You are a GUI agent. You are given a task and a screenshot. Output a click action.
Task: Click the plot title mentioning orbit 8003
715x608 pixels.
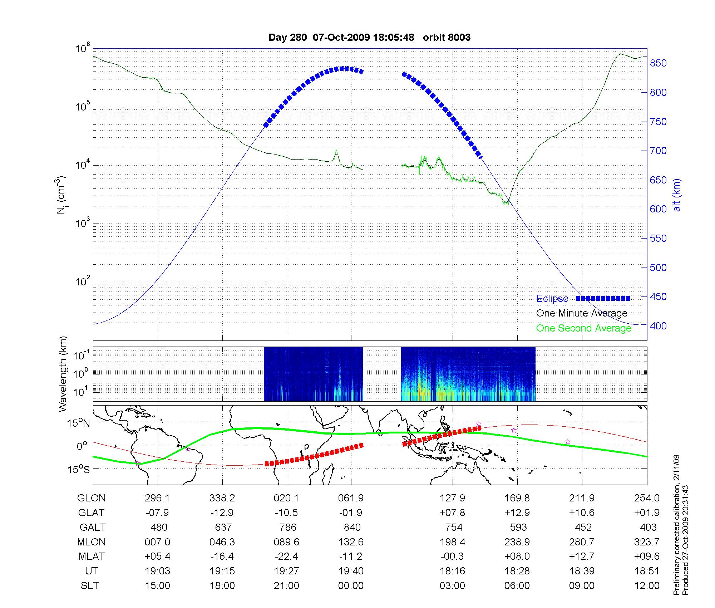click(x=369, y=37)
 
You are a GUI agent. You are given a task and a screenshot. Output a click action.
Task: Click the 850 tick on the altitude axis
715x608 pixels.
click(x=658, y=63)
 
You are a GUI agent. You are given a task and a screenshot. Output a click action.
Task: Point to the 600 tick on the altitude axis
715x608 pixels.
click(x=658, y=209)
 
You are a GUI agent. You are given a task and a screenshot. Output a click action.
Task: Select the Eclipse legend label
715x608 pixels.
click(x=552, y=299)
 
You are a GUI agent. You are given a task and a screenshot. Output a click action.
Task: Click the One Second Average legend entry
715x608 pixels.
click(x=583, y=328)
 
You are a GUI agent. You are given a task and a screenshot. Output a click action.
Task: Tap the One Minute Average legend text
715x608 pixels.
click(x=582, y=313)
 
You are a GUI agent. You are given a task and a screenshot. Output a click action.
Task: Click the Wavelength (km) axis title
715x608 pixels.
click(x=63, y=374)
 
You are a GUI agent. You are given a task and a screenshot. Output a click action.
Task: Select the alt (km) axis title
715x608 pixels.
click(x=676, y=195)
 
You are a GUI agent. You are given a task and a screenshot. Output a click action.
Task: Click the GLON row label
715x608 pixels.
click(x=92, y=498)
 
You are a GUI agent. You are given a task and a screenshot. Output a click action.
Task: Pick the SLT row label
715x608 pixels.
click(x=90, y=586)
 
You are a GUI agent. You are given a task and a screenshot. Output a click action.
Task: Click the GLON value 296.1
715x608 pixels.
click(x=157, y=498)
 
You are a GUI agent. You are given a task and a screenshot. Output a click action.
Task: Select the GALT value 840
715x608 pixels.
click(x=351, y=528)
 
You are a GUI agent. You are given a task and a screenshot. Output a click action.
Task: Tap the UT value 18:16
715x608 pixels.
click(x=452, y=571)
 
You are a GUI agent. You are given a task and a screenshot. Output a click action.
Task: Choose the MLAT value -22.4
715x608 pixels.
click(x=286, y=556)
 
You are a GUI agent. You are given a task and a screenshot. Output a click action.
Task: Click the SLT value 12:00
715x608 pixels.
click(x=648, y=586)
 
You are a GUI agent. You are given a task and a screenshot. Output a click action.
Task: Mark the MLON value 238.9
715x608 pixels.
click(x=517, y=542)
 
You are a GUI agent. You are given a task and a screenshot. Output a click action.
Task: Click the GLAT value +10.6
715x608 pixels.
click(x=582, y=513)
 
